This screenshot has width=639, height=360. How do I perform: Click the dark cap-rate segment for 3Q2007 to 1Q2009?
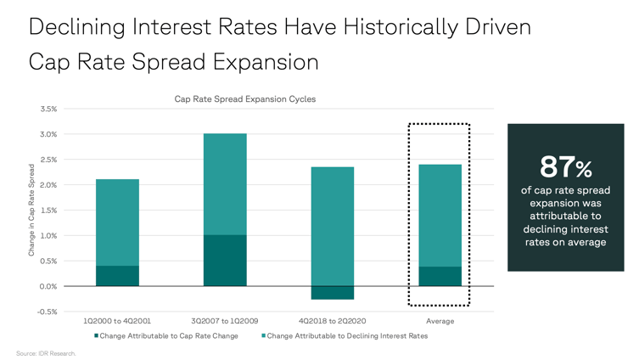[225, 261]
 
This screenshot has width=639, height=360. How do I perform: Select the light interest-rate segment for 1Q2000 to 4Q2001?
[117, 222]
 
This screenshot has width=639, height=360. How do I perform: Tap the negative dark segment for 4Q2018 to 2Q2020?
[333, 293]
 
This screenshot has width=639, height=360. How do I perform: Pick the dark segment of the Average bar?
[440, 277]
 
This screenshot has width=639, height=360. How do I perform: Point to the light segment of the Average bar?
[440, 216]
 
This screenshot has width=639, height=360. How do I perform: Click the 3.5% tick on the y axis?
[48, 109]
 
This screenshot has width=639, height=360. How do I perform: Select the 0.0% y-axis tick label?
[48, 287]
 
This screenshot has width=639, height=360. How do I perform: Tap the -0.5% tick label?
[48, 312]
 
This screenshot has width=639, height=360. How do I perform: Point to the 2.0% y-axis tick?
[48, 185]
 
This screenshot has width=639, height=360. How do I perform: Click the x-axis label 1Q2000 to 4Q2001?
[117, 321]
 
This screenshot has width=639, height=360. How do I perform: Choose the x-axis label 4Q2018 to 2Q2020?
[332, 321]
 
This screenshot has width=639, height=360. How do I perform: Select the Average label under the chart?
[440, 321]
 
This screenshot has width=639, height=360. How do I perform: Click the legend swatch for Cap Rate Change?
[97, 336]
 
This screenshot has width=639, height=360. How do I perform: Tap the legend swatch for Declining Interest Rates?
[264, 336]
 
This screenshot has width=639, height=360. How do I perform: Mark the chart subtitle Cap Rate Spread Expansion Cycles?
[245, 99]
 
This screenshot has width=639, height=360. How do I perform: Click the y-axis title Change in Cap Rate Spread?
[31, 210]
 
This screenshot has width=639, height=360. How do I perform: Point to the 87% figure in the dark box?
[566, 167]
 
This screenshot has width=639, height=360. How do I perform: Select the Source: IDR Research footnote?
[46, 353]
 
